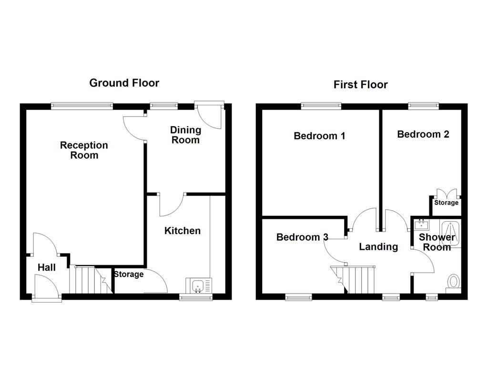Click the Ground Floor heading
(x=124, y=83)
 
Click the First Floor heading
(x=360, y=85)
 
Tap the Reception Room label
(x=84, y=150)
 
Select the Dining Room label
(x=185, y=135)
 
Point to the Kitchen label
(x=183, y=231)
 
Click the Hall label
(x=47, y=268)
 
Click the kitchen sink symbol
(x=198, y=286)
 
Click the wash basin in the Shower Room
(x=421, y=224)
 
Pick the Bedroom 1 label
(x=319, y=136)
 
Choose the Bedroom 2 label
(x=423, y=134)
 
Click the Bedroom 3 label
(x=302, y=237)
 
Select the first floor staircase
(x=356, y=279)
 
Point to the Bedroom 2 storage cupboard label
(x=446, y=203)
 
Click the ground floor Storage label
(x=129, y=274)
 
